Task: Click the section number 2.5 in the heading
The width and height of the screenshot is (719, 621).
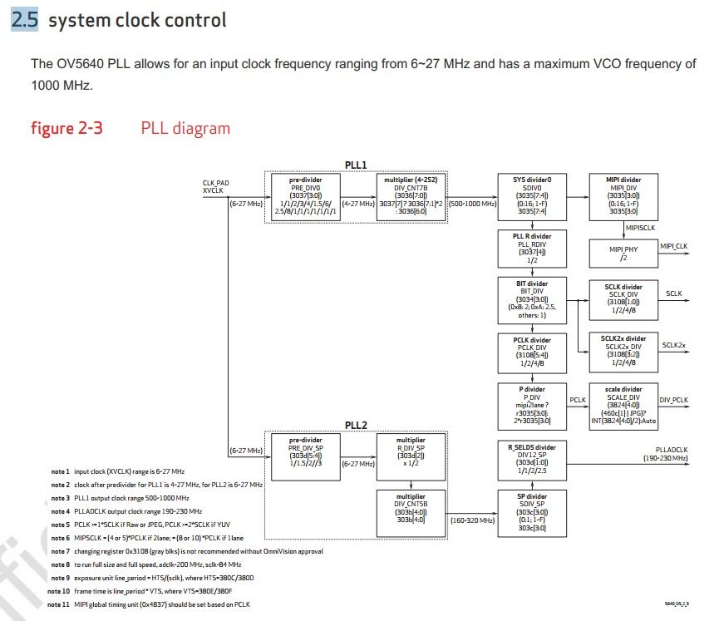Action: [x=24, y=20]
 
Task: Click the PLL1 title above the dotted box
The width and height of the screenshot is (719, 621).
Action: [x=356, y=165]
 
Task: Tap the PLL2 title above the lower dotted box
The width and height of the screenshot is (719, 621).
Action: [x=356, y=425]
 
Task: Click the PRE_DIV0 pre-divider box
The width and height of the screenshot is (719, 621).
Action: [x=305, y=196]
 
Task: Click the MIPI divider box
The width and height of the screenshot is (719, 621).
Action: [x=624, y=196]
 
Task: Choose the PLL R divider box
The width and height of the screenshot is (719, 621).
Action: [x=532, y=249]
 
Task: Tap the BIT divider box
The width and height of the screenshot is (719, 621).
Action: [x=532, y=299]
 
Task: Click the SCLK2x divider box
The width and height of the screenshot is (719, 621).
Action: [x=623, y=351]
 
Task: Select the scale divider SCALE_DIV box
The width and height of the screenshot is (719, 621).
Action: [x=623, y=406]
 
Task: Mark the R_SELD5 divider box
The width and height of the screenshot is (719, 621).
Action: [x=532, y=459]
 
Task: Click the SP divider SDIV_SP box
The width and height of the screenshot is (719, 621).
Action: [x=532, y=513]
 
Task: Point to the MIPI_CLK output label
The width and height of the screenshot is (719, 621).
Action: [x=673, y=246]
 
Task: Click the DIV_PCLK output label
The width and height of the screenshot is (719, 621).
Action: [x=673, y=400]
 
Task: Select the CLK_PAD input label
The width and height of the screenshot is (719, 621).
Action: [x=215, y=182]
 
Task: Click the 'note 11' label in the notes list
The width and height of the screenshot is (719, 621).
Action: [x=59, y=604]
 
